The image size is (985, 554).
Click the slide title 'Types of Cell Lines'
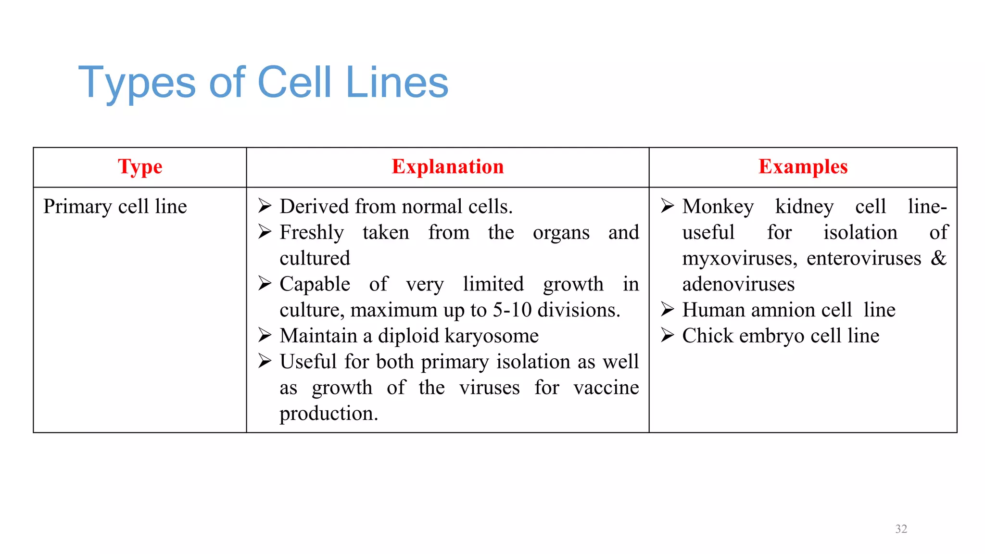coord(263,83)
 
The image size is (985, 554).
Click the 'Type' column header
coord(140,167)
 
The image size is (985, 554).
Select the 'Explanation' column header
coord(448,167)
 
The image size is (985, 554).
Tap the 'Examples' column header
coord(803,167)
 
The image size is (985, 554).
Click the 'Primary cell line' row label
coord(115,207)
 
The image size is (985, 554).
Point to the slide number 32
coord(901,529)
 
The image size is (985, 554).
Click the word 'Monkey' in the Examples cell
coord(718,207)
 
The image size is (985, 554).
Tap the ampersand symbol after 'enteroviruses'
coord(938,258)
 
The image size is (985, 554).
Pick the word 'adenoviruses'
coord(738,284)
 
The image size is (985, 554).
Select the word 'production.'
coord(329,414)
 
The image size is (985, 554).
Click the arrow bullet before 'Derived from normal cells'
coord(265,206)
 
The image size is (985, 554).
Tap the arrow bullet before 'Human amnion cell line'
coord(668,309)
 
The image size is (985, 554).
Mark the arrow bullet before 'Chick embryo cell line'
coord(668,335)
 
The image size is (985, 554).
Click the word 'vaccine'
coord(606,388)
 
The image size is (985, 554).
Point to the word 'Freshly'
coord(312,233)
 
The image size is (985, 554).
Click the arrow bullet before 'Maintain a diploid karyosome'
coord(265,335)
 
